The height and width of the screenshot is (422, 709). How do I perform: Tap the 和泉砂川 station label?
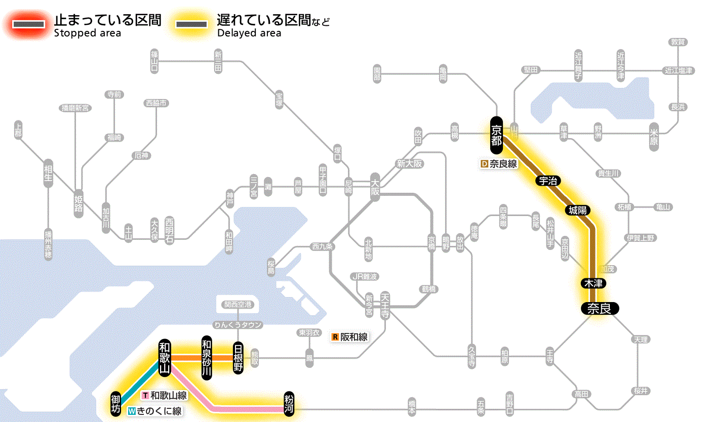click(206, 357)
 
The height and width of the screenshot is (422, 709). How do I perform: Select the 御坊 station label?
click(116, 404)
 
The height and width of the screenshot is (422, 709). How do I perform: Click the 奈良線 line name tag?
click(498, 164)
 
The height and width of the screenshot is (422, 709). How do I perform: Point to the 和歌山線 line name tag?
click(165, 396)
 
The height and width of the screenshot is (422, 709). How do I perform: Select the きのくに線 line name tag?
click(155, 411)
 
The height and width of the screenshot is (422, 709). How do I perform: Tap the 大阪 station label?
click(375, 187)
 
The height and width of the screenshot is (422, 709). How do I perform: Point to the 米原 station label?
click(654, 135)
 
